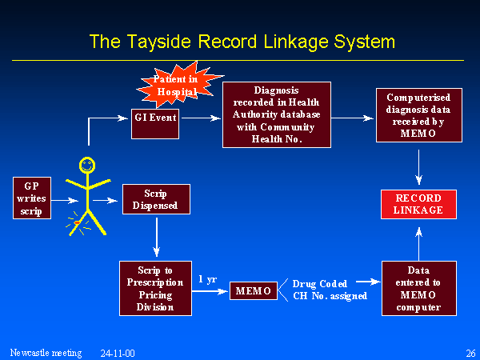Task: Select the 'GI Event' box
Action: coord(155,118)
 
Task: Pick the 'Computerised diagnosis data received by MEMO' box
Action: coord(418,116)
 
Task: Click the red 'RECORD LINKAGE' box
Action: coord(418,203)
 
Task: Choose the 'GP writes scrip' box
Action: coord(32,198)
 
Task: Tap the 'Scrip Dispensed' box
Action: coord(156,199)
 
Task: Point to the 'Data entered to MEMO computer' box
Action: coord(418,289)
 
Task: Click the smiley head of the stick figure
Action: coord(86,167)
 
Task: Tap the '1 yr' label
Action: coord(206,280)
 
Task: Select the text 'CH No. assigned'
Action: coord(330,296)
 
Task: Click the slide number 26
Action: coord(470,353)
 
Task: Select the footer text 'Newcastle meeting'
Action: coord(46,353)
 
